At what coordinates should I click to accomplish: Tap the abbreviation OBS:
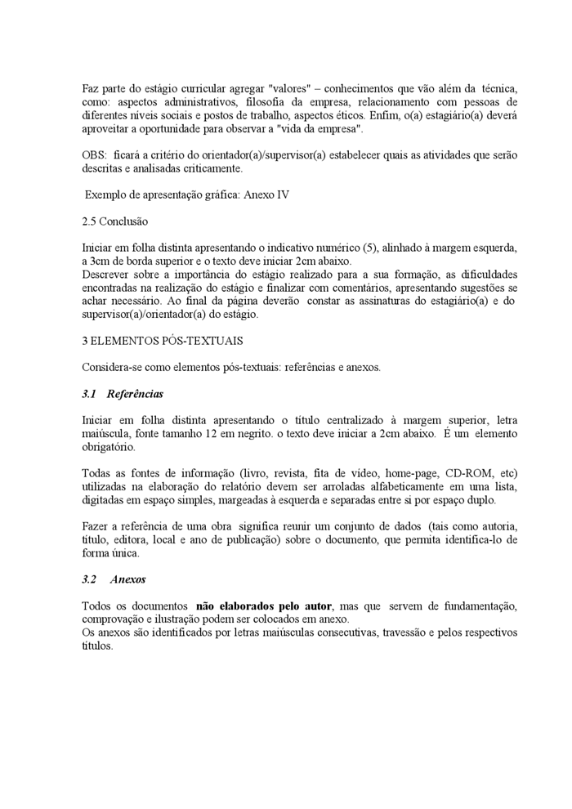pos(95,154)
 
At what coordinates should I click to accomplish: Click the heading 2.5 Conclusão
pos(115,221)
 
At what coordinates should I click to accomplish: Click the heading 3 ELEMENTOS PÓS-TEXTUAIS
pos(163,340)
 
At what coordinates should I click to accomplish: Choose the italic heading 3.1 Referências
pos(123,394)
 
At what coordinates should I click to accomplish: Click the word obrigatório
pos(109,447)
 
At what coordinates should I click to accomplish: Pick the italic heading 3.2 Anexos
pos(114,579)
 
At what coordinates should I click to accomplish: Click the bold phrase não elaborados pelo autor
pos(264,606)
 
